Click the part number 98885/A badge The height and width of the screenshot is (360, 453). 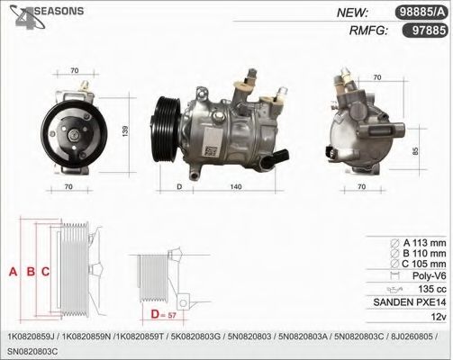coord(421,13)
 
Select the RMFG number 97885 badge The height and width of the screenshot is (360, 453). coord(425,30)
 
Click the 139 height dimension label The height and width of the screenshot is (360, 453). coord(125,131)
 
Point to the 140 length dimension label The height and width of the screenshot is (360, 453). coord(236,186)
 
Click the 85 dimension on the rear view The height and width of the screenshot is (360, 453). coord(415,150)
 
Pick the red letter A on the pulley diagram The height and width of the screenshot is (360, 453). coord(13,272)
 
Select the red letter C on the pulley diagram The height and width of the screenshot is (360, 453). coord(45,272)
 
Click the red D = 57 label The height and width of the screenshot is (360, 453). coord(163,315)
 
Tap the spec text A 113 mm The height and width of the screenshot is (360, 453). coord(424,243)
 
